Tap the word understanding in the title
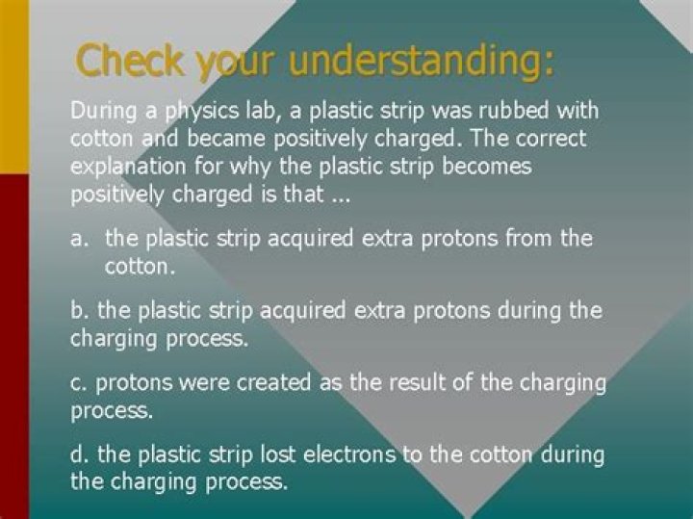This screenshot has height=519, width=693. tap(422, 62)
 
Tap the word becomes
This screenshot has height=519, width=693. tap(483, 166)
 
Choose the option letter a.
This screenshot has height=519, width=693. tap(78, 238)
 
